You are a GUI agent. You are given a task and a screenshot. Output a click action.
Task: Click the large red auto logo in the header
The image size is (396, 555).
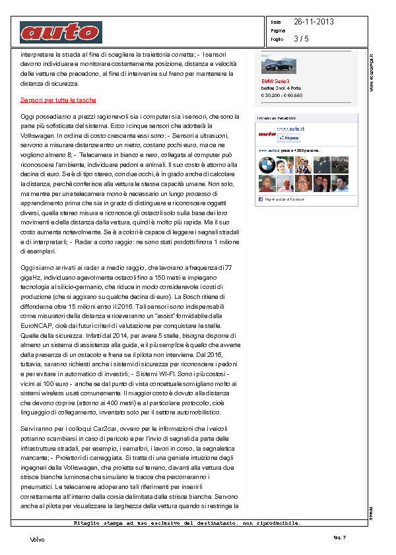coord(61,32)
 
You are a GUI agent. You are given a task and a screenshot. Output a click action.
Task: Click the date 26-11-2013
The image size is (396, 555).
coord(314,22)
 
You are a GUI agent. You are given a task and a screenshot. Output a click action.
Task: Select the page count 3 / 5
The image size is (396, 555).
coord(302,39)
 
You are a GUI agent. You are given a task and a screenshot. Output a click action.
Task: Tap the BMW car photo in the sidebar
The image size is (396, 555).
coord(279,65)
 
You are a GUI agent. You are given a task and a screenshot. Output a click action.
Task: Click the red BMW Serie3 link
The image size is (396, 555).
coord(276,81)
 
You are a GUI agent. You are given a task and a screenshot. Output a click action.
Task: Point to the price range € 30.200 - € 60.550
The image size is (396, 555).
coord(282,94)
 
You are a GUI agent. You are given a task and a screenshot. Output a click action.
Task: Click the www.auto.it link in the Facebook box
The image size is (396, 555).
coord(291,129)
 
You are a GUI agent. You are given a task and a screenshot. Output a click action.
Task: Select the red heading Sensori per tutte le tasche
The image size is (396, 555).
coord(58,100)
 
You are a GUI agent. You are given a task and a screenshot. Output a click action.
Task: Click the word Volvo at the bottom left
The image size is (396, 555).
coord(38,539)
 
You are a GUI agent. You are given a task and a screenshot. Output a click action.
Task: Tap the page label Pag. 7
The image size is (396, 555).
coord(340,538)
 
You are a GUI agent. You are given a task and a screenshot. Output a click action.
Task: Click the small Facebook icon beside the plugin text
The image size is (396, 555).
coord(261,199)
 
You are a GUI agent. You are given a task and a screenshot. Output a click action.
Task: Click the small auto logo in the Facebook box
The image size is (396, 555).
coord(267,134)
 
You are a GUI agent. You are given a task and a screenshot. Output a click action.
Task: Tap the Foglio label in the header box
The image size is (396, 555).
coord(277,39)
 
